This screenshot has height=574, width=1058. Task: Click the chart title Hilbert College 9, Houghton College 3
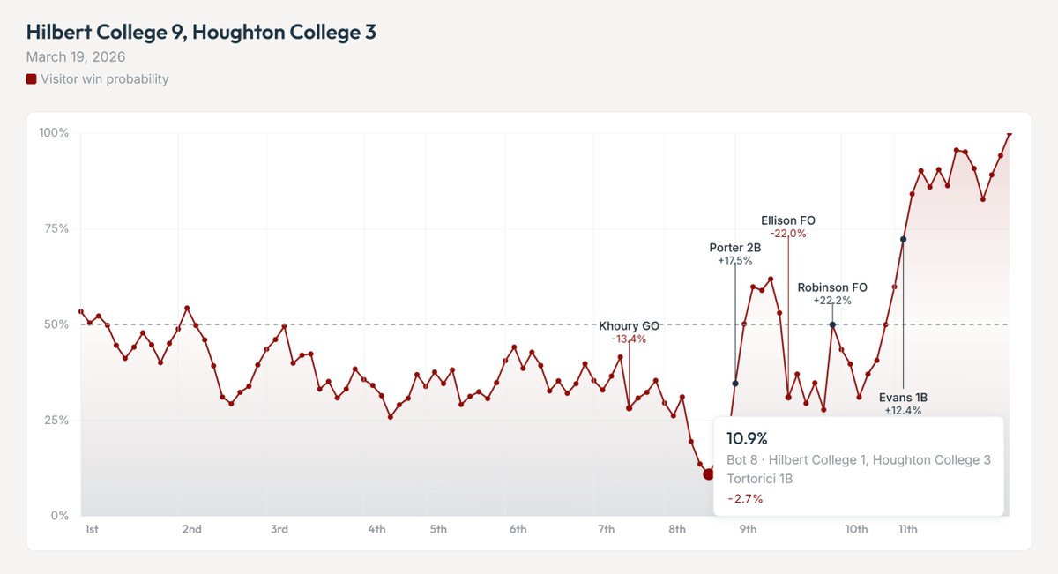pyautogui.click(x=201, y=33)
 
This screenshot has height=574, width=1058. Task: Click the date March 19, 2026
pyautogui.click(x=76, y=57)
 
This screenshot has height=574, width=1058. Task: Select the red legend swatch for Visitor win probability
pyautogui.click(x=32, y=79)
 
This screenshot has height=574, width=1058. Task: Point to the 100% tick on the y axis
pyautogui.click(x=54, y=133)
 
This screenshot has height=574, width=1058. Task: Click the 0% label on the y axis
pyautogui.click(x=60, y=516)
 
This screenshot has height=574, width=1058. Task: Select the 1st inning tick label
pyautogui.click(x=92, y=529)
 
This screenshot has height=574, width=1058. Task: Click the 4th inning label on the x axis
pyautogui.click(x=376, y=529)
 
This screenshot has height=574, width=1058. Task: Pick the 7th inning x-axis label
pyautogui.click(x=606, y=529)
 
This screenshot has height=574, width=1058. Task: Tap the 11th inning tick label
pyautogui.click(x=908, y=529)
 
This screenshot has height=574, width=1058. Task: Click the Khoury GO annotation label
pyautogui.click(x=629, y=326)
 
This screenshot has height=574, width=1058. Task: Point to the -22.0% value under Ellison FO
pyautogui.click(x=787, y=234)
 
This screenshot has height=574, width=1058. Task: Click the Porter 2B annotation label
pyautogui.click(x=734, y=248)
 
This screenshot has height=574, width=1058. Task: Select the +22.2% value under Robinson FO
pyautogui.click(x=832, y=301)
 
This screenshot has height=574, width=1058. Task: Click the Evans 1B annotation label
pyautogui.click(x=903, y=398)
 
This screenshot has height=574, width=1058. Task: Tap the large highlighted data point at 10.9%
pyautogui.click(x=708, y=474)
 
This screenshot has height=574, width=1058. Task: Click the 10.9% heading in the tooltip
pyautogui.click(x=748, y=438)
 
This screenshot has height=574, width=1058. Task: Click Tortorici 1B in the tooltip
pyautogui.click(x=759, y=479)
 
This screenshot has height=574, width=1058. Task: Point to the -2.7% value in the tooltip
pyautogui.click(x=744, y=498)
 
